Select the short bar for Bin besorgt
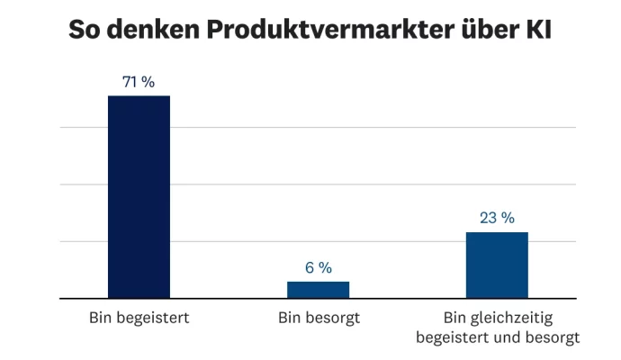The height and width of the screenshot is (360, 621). click(x=318, y=289)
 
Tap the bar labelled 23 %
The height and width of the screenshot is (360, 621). click(x=497, y=265)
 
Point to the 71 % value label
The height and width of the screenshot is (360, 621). click(x=139, y=82)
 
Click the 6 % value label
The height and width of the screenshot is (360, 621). click(x=318, y=267)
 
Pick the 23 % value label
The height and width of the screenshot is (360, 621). click(x=497, y=218)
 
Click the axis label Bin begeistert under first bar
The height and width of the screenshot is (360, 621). click(x=139, y=319)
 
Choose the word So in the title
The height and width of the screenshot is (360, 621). click(x=85, y=31)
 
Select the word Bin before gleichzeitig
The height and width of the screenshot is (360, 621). click(x=458, y=319)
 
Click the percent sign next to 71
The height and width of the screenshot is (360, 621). click(x=148, y=82)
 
